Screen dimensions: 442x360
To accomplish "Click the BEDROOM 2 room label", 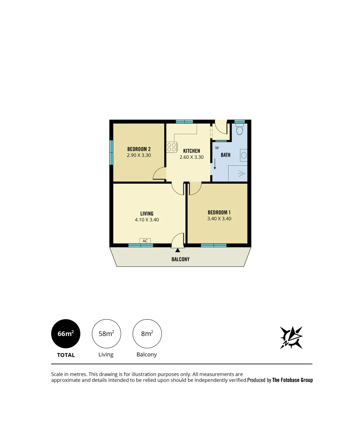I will point(139,149).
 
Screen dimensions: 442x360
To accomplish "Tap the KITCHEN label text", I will point(191,151).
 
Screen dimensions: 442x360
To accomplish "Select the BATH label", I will point(226,155).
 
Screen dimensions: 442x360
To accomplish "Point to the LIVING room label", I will point(147,214).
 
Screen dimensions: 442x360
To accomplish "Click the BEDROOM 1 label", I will point(219,212).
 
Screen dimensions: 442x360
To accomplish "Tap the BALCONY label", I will point(180,259).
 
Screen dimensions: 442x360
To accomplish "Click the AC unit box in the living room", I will point(145,241).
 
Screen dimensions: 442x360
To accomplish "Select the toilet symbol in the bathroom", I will point(240,130).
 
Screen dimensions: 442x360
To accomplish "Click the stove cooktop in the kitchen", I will point(172,147).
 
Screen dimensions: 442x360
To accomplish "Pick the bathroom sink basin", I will point(244,155).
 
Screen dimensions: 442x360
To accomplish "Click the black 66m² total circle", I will point(66,334).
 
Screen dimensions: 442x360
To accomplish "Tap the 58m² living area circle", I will point(106,334).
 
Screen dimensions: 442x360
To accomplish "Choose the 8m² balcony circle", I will point(147,334).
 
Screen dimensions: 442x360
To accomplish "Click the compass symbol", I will point(291,338).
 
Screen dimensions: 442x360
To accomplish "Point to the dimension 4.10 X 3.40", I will point(147,220).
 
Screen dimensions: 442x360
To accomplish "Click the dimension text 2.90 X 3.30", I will point(139,156).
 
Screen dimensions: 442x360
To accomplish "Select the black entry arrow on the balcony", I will point(177,250).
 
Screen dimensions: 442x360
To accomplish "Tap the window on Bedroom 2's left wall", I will point(111,153).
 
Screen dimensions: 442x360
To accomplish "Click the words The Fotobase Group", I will point(292,380).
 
